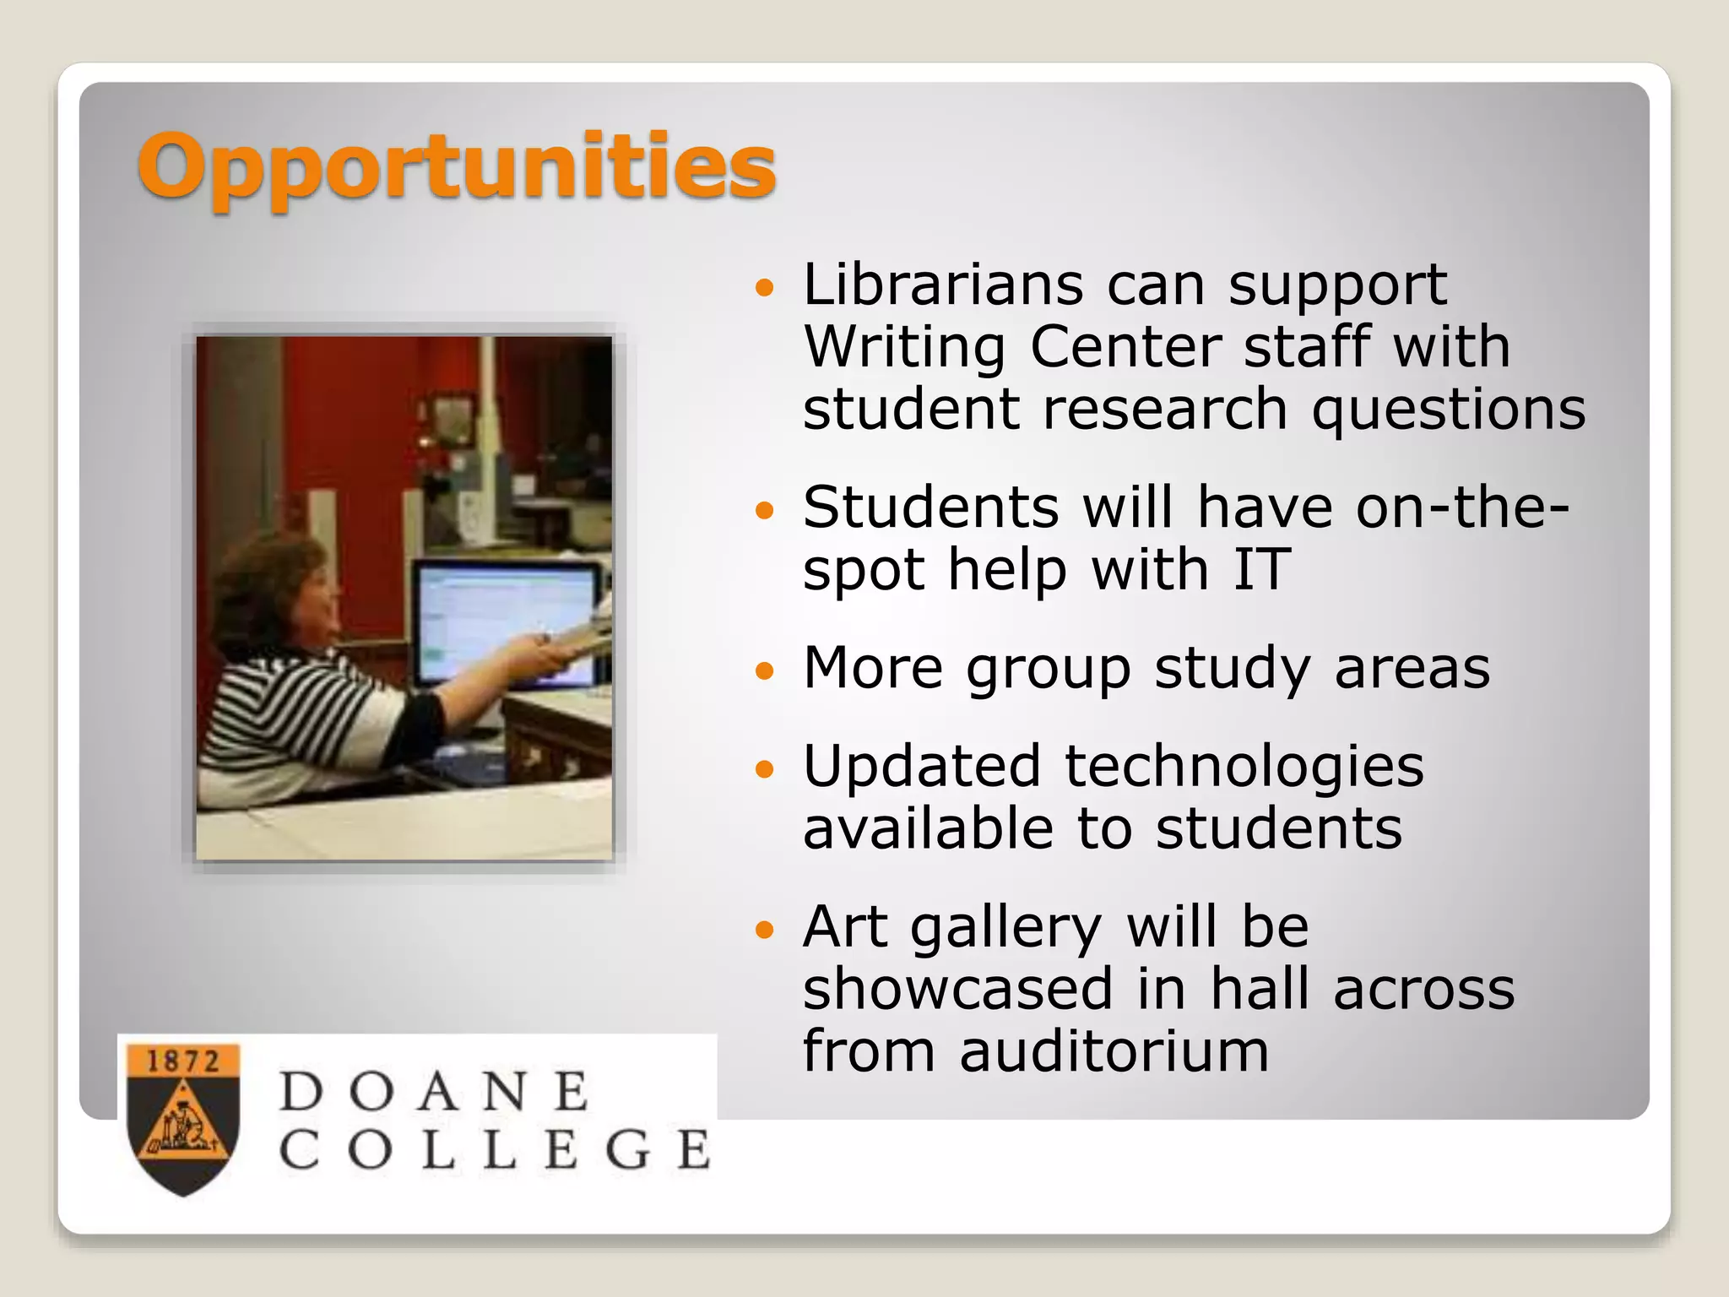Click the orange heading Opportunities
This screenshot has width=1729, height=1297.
456,166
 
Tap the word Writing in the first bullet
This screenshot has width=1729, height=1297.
904,347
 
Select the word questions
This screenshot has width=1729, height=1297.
1448,410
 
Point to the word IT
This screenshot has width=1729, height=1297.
1261,569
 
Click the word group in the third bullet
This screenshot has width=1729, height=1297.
1048,669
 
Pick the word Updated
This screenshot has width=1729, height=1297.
921,767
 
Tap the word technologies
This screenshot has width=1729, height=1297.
1244,767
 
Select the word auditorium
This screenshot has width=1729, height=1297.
1114,1052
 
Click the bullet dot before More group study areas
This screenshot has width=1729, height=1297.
765,671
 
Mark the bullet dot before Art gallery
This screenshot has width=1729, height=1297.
765,931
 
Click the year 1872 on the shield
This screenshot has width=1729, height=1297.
183,1061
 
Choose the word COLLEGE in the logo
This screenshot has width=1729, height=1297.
495,1149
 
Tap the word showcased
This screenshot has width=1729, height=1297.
957,990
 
